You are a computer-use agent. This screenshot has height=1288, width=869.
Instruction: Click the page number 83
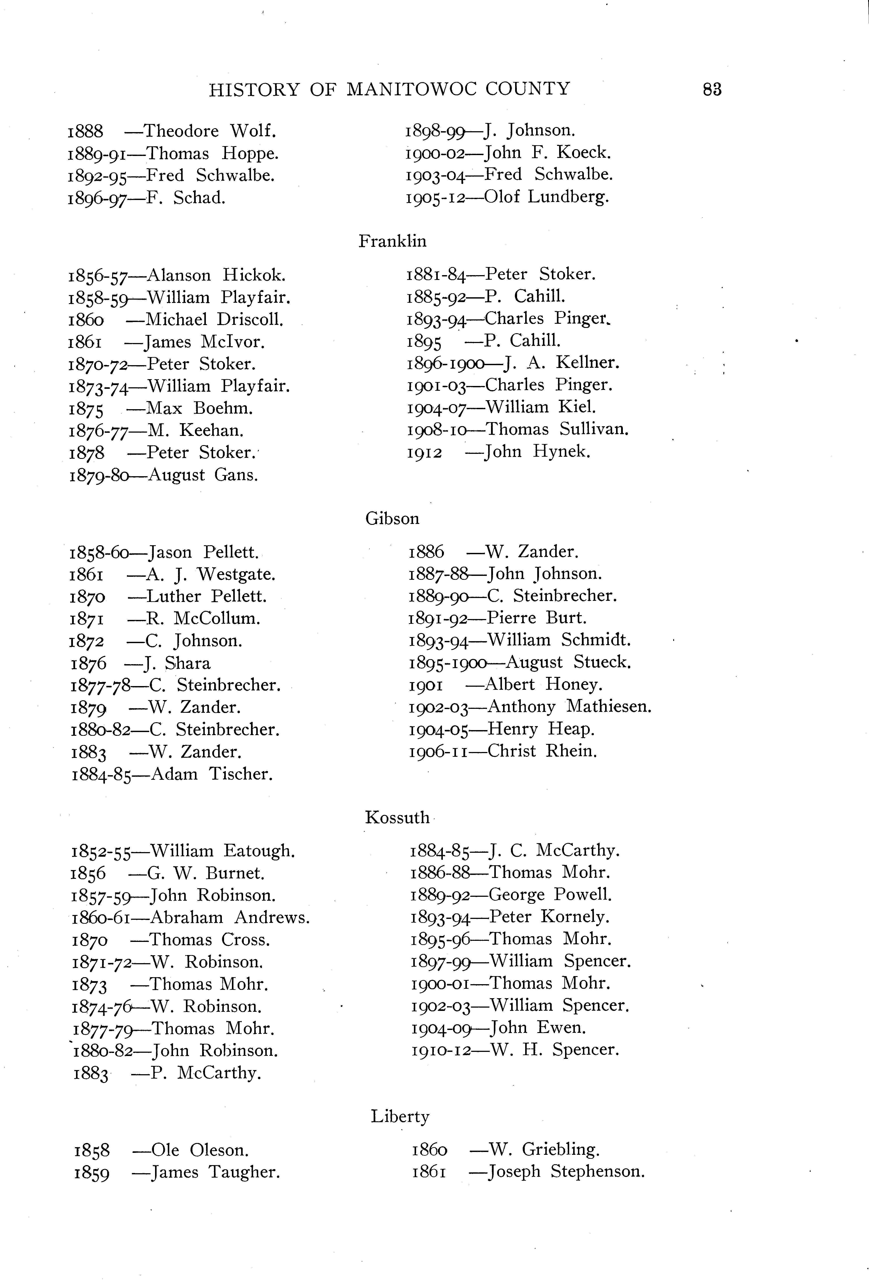[712, 89]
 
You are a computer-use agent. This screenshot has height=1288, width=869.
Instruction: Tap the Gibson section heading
[392, 519]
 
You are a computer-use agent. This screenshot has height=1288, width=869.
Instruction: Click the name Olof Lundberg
[546, 197]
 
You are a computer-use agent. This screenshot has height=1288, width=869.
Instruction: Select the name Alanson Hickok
[217, 275]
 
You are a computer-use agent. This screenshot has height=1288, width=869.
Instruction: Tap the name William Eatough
[223, 851]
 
